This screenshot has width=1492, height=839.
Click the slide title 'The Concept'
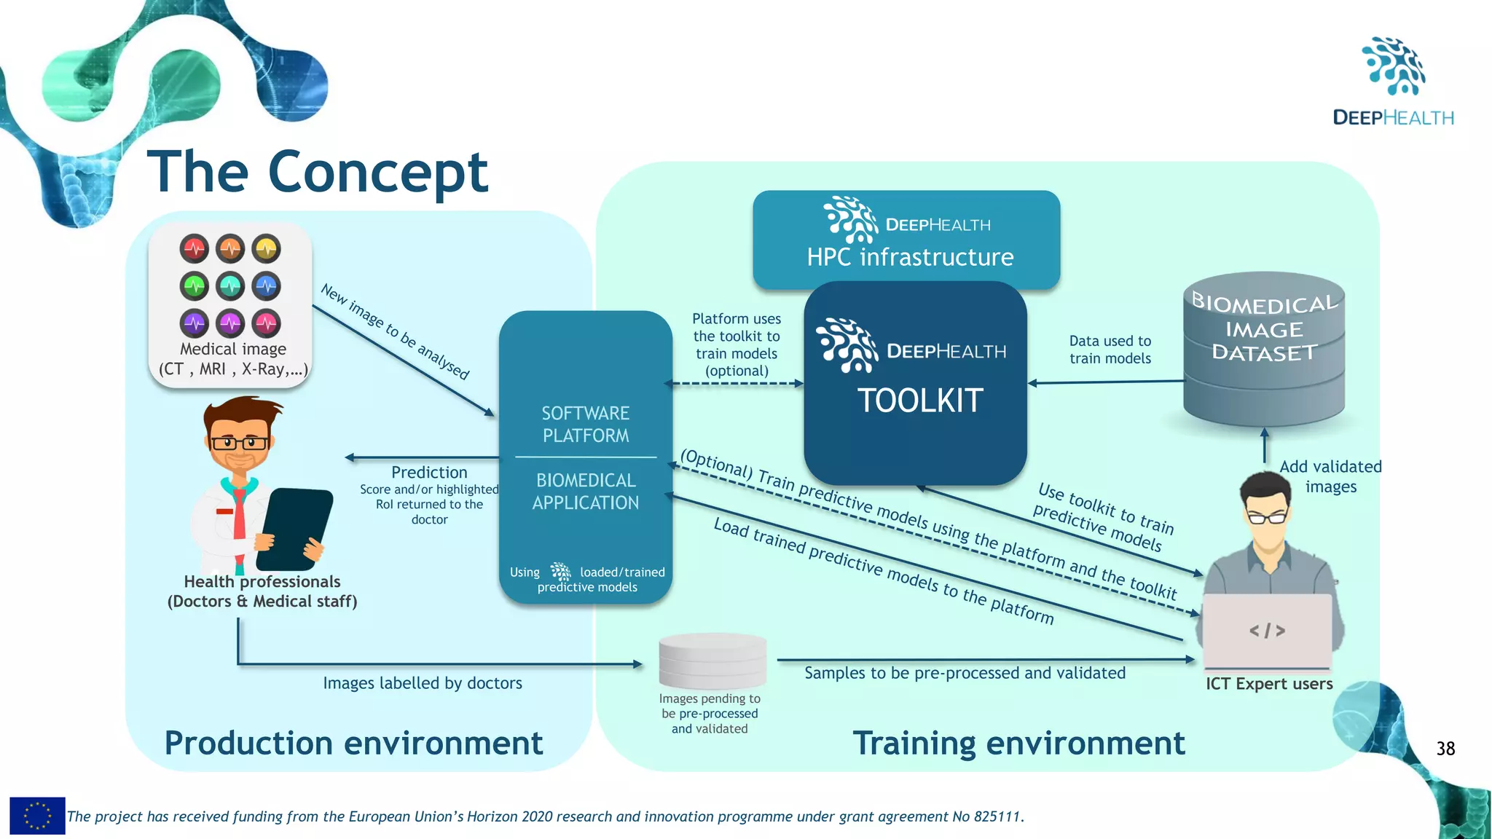318,173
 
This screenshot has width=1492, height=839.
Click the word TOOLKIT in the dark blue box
920,401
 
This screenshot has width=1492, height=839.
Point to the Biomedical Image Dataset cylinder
1264,350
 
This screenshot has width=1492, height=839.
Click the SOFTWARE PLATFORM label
585,424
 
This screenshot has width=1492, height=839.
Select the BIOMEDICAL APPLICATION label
585,492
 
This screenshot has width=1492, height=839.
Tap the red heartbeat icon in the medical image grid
195,249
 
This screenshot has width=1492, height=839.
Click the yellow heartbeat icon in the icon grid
267,249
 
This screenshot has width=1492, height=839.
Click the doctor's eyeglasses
239,442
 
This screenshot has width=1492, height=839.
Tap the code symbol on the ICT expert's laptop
1267,631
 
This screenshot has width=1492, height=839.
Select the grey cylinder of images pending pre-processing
712,660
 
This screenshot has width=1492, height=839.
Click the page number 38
1445,749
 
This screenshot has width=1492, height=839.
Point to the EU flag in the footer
37,816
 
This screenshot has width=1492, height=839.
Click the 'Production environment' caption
353,744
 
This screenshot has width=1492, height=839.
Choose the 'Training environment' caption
1018,744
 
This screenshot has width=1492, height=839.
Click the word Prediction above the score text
429,472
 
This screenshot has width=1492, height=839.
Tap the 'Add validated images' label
1330,476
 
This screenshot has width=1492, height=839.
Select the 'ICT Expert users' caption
1268,684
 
